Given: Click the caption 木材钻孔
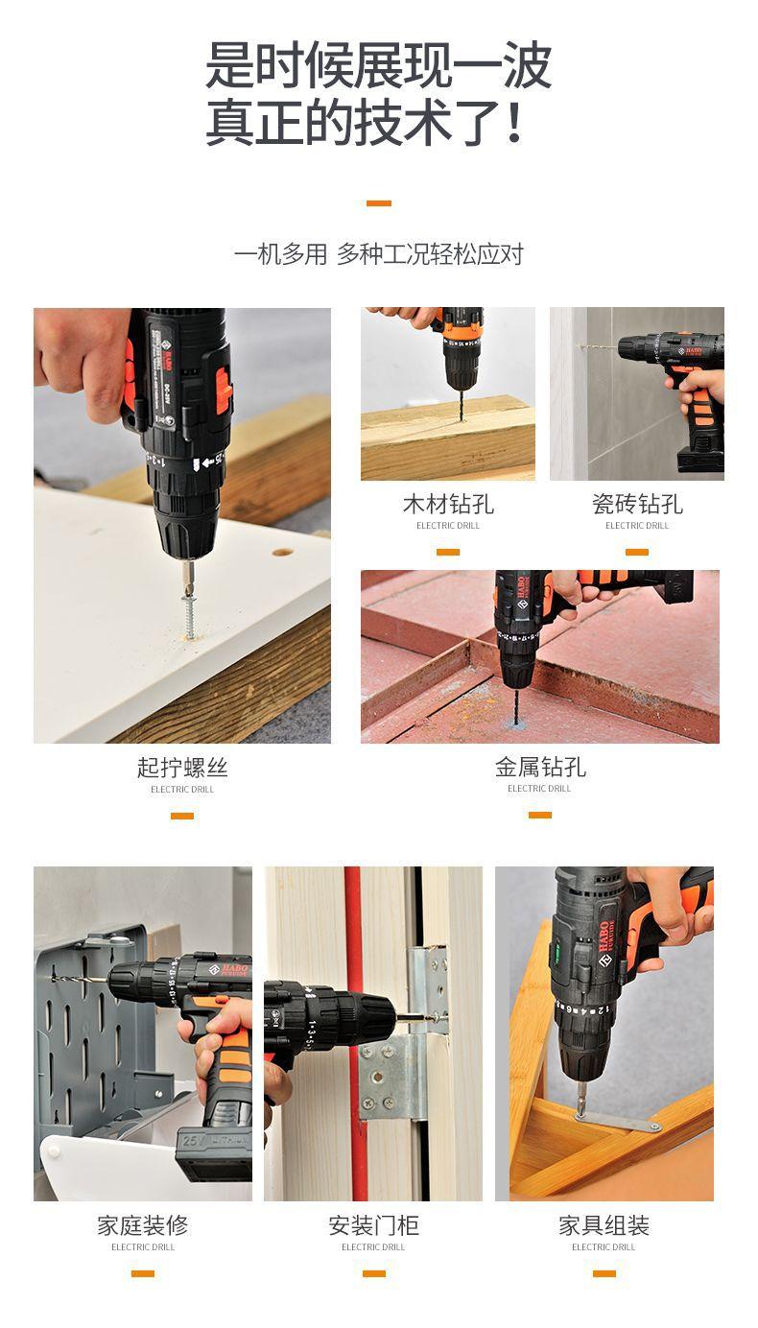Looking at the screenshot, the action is pyautogui.click(x=448, y=504).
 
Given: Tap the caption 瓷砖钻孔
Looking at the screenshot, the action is pyautogui.click(x=637, y=504).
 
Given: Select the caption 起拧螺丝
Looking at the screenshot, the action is pyautogui.click(x=182, y=768).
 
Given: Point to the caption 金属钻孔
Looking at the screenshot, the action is pyautogui.click(x=540, y=767).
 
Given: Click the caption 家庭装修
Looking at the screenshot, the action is pyautogui.click(x=143, y=1225).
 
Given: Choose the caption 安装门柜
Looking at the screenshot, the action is pyautogui.click(x=373, y=1225).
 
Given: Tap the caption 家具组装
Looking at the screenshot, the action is pyautogui.click(x=604, y=1225).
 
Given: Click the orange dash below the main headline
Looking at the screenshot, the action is pyautogui.click(x=379, y=203).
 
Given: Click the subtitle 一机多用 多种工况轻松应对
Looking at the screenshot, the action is pyautogui.click(x=379, y=254).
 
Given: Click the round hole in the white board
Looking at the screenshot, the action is pyautogui.click(x=282, y=553).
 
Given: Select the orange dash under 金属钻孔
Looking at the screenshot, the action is pyautogui.click(x=540, y=816).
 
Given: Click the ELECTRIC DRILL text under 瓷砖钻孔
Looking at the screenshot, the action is pyautogui.click(x=637, y=526).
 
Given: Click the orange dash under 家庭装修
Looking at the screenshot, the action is pyautogui.click(x=143, y=1273).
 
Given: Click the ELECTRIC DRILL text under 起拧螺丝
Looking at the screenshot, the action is pyautogui.click(x=182, y=790).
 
